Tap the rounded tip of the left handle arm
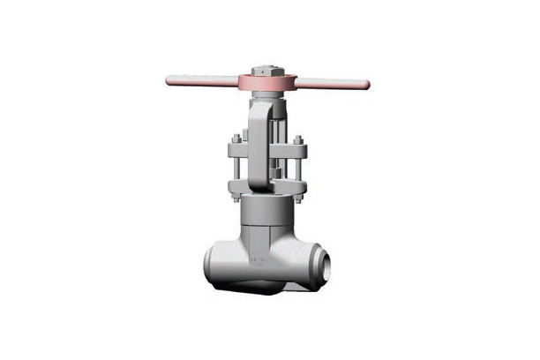[169, 81]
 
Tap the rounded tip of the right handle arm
[365, 86]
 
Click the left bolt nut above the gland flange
[236, 139]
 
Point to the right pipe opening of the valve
[326, 261]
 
